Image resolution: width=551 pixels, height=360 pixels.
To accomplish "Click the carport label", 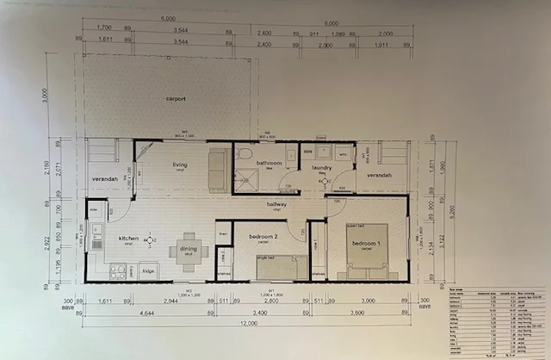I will [x=176, y=99].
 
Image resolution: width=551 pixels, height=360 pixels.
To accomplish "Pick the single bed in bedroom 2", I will [x=277, y=268].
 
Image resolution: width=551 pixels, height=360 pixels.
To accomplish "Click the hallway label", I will [x=276, y=204].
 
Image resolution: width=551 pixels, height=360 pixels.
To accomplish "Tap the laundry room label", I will [x=322, y=167].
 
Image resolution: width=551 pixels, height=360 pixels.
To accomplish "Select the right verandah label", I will [x=379, y=175].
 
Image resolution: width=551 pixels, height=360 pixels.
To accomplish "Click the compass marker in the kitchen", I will [x=150, y=239].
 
